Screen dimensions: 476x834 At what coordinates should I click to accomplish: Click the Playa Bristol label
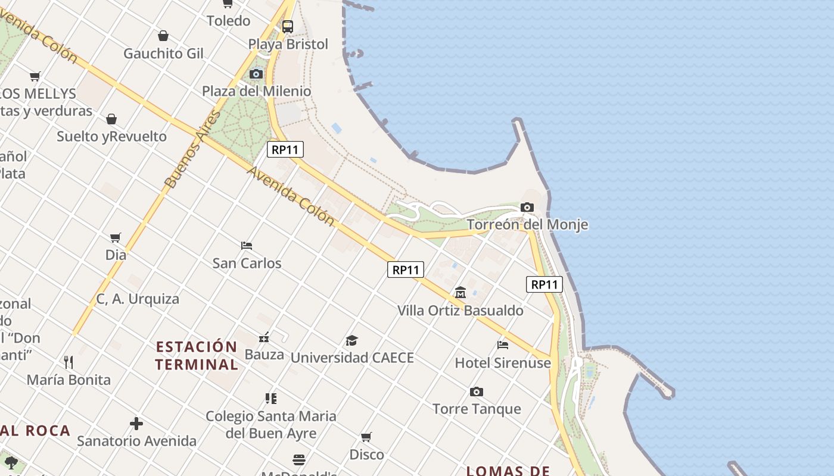pyautogui.click(x=288, y=44)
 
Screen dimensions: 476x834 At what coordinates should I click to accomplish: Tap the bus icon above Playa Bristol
pyautogui.click(x=288, y=26)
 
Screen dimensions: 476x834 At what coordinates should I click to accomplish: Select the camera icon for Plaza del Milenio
pyautogui.click(x=256, y=74)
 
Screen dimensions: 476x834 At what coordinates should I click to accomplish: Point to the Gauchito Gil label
pyautogui.click(x=163, y=54)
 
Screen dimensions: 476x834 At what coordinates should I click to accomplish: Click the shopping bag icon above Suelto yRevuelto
pyautogui.click(x=111, y=119)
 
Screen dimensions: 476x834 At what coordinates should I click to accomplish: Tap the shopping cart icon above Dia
pyautogui.click(x=116, y=237)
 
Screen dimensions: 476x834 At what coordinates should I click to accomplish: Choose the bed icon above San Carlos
pyautogui.click(x=247, y=245)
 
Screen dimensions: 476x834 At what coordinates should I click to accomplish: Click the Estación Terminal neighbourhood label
pyautogui.click(x=197, y=355)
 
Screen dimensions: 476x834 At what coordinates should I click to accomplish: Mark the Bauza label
pyautogui.click(x=264, y=355)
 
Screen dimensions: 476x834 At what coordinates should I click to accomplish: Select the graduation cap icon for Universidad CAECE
pyautogui.click(x=352, y=340)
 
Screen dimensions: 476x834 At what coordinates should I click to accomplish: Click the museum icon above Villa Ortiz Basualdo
pyautogui.click(x=460, y=292)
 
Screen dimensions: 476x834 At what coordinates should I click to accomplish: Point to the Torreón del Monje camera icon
pyautogui.click(x=527, y=207)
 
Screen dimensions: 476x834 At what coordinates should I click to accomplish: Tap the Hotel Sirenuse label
pyautogui.click(x=503, y=363)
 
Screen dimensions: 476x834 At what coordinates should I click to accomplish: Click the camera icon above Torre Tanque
pyautogui.click(x=476, y=392)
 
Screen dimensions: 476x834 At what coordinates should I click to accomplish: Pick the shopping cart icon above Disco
pyautogui.click(x=366, y=437)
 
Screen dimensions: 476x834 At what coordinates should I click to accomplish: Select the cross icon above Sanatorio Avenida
pyautogui.click(x=136, y=424)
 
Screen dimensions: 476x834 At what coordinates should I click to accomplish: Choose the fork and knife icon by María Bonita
pyautogui.click(x=69, y=362)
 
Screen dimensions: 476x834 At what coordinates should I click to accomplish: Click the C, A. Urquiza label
pyautogui.click(x=138, y=299)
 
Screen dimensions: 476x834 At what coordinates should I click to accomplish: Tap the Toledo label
pyautogui.click(x=228, y=21)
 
